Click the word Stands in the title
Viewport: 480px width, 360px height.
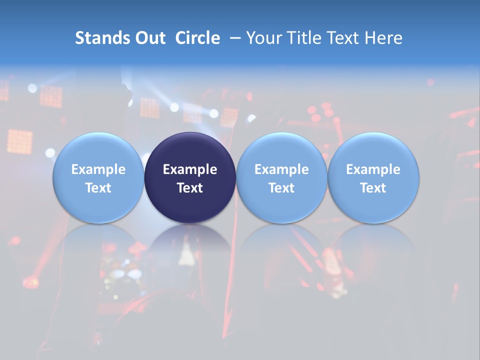[x=98, y=38]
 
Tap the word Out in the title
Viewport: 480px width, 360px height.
[x=149, y=38]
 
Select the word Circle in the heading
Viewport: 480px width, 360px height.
[x=197, y=38]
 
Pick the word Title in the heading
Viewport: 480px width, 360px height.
[x=302, y=38]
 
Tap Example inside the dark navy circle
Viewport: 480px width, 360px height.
[x=190, y=169]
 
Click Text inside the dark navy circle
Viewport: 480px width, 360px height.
[x=190, y=188]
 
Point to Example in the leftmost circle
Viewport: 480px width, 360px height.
[x=98, y=169]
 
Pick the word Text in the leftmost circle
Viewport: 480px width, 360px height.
[x=98, y=188]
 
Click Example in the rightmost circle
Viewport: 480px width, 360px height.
[x=373, y=169]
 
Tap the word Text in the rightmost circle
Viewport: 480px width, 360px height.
[x=373, y=188]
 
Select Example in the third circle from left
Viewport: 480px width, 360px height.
[x=281, y=169]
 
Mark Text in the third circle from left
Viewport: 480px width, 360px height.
[x=281, y=188]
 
